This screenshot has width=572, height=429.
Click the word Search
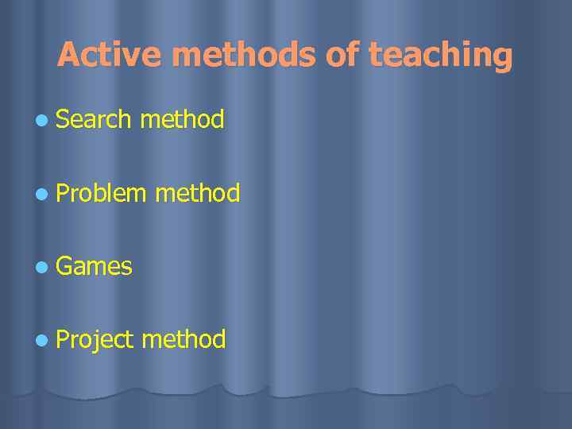pos(93,119)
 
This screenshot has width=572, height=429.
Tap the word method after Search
pos(182,119)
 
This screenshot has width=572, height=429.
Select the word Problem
pos(101,192)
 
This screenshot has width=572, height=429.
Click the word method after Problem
pos(198,192)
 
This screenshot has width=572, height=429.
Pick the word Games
pos(94,265)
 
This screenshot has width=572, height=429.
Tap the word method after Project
pos(184,339)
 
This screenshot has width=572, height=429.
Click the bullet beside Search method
pos(41,120)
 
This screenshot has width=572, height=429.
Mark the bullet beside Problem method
pos(41,193)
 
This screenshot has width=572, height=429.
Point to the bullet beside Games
pos(41,266)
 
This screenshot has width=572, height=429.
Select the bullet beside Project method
pos(41,339)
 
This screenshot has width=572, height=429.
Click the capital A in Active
pos(68,55)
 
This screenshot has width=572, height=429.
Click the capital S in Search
pos(64,119)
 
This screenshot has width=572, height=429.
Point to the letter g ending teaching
pos(501,58)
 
